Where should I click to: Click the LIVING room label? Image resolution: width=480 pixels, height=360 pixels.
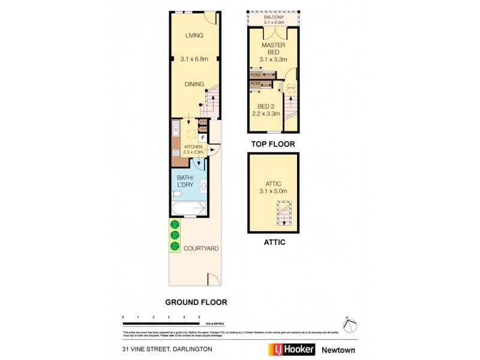[194, 35]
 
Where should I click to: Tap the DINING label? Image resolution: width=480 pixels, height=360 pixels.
[194, 84]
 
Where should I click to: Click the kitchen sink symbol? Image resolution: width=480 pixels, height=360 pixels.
[176, 128]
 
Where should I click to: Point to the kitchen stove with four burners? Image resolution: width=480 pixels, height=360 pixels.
[176, 152]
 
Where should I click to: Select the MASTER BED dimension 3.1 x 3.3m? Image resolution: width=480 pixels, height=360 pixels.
[274, 59]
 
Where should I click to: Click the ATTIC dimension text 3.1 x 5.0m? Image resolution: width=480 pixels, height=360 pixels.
[273, 191]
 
